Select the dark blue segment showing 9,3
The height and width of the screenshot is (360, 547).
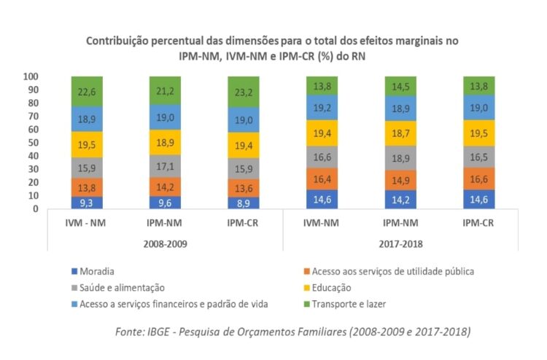(92, 202)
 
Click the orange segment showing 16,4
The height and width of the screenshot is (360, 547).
(327, 179)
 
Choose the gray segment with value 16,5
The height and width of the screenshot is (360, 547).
(483, 157)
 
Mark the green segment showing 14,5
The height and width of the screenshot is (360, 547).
(405, 86)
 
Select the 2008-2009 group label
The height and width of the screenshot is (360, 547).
(168, 243)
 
